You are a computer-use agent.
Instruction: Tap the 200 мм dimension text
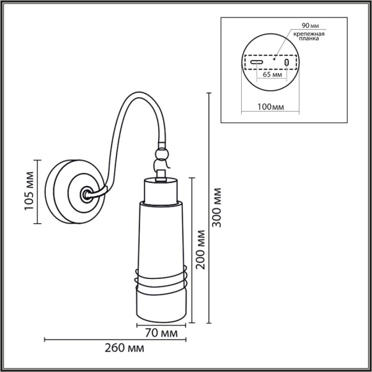tap(200, 249)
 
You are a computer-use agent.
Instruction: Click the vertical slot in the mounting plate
tap(286, 63)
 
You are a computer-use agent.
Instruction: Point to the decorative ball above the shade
tap(162, 152)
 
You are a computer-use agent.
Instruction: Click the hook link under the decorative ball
tap(161, 166)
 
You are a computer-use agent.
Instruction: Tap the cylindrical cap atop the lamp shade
tap(161, 189)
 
